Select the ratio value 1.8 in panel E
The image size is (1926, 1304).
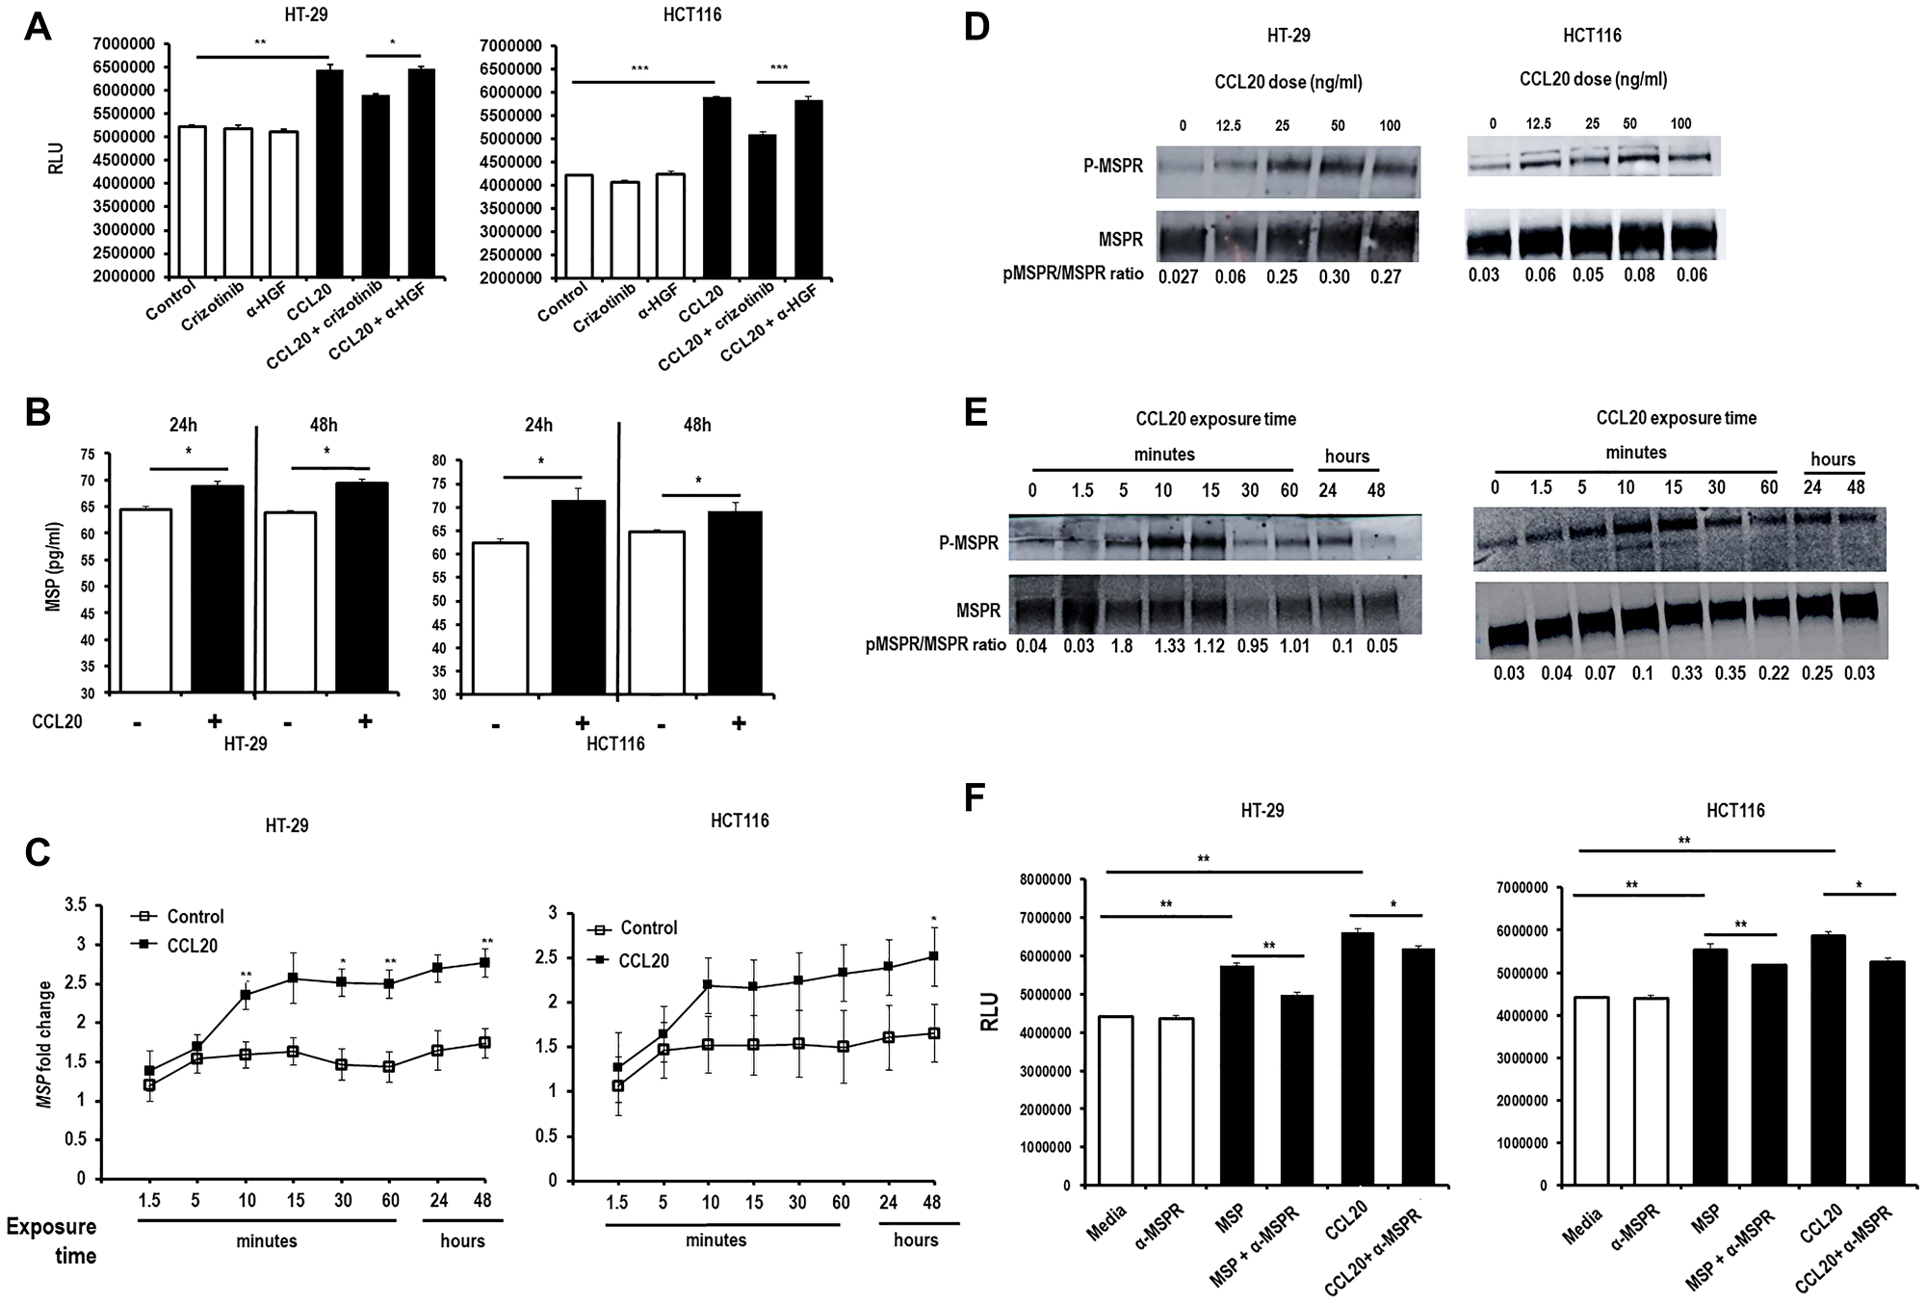1124,646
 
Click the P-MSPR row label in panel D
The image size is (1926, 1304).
1113,166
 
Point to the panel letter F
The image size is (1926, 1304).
976,798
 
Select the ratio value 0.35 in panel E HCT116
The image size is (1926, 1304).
1730,673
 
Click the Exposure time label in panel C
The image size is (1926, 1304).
52,1240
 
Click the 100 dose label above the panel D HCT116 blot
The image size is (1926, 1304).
1679,123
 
